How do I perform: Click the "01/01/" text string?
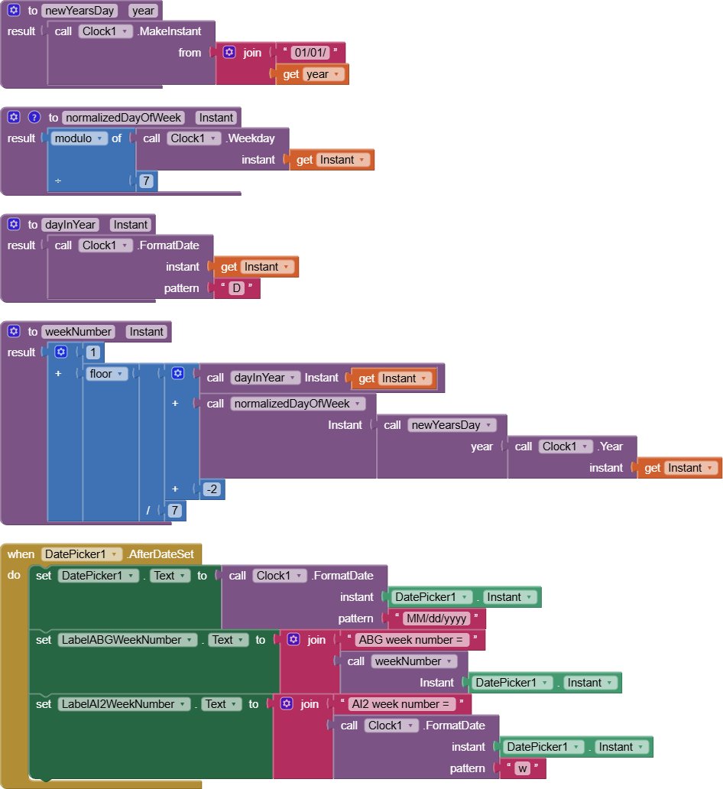point(310,52)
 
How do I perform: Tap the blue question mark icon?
point(34,117)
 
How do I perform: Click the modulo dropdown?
point(79,138)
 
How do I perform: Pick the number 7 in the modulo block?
point(146,180)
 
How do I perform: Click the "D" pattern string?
point(236,288)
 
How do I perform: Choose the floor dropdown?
point(106,374)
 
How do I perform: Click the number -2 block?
point(212,489)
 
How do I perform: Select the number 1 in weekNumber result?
point(93,352)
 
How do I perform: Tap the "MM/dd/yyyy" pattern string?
point(436,619)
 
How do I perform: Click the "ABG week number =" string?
point(411,640)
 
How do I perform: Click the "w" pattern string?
point(523,768)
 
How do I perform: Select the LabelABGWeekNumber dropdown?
point(128,640)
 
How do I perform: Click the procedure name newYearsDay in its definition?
point(79,11)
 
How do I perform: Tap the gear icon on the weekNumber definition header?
point(14,331)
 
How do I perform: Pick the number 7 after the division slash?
point(174,511)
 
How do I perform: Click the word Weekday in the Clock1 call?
point(251,138)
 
